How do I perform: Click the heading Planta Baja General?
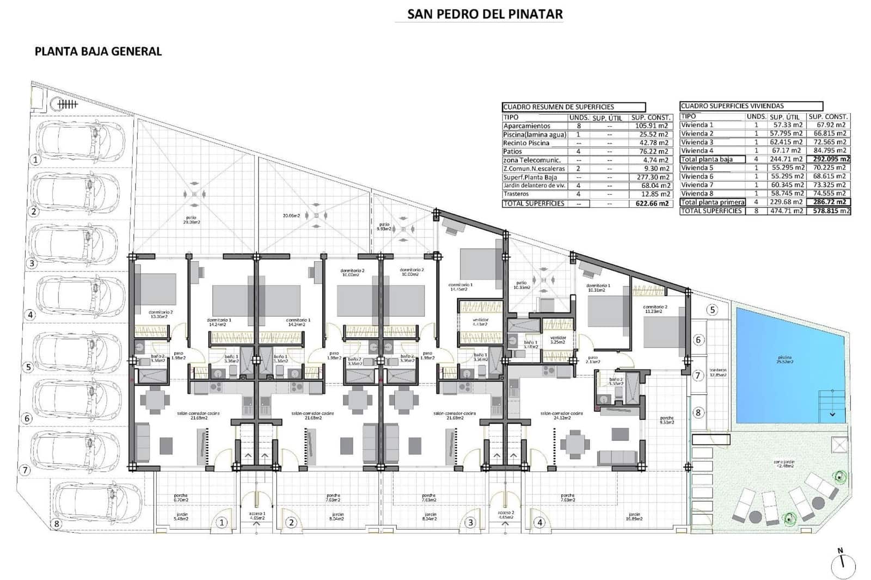98,51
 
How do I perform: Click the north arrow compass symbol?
843,566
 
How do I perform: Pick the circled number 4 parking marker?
30,314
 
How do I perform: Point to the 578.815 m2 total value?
829,211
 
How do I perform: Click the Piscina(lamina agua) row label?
535,134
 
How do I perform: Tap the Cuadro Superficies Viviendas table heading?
732,106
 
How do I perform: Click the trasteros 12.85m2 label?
718,373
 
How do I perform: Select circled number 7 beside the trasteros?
698,375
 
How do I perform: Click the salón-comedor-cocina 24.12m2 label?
562,416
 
